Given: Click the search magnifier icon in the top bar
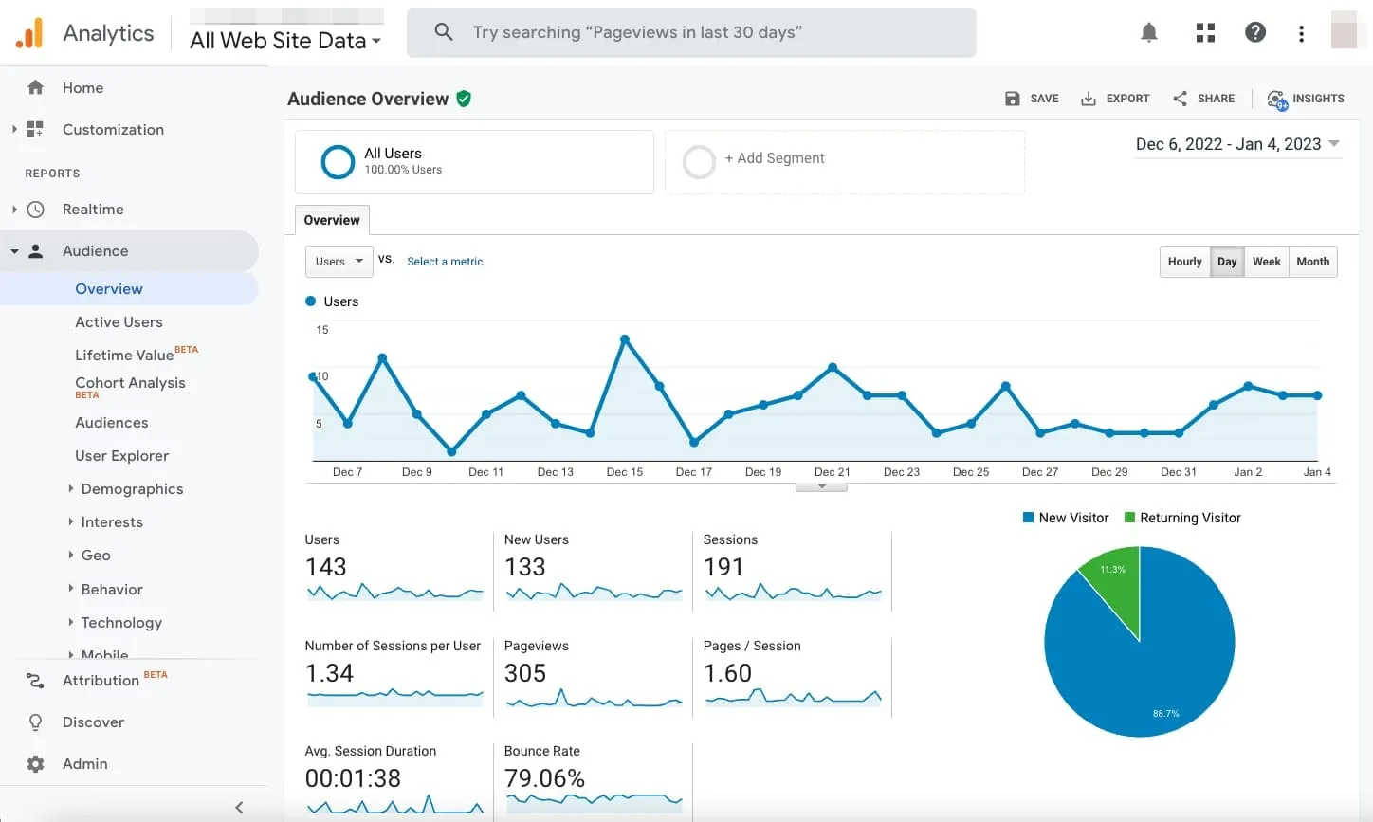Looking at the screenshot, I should tap(443, 32).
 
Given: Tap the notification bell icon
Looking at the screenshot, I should tap(1149, 33).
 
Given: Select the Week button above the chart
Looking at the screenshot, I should tap(1266, 262).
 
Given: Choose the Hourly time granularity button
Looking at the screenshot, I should tap(1184, 262).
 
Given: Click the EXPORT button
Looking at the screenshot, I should tap(1115, 99).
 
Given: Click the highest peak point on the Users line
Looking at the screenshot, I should tap(625, 338).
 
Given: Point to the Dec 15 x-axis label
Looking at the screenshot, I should tap(625, 472).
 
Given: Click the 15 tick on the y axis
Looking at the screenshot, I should tap(322, 330).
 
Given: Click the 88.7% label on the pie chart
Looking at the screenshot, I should tap(1165, 713).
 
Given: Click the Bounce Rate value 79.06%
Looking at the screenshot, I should tap(544, 778).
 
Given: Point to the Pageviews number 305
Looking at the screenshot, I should tap(525, 673).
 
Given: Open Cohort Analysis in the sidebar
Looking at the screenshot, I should tap(130, 383).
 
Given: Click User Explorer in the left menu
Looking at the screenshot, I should tap(121, 456).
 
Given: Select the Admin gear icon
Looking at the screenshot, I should tap(36, 764).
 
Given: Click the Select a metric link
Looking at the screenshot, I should tap(445, 262).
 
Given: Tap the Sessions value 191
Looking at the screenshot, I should tap(723, 567).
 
